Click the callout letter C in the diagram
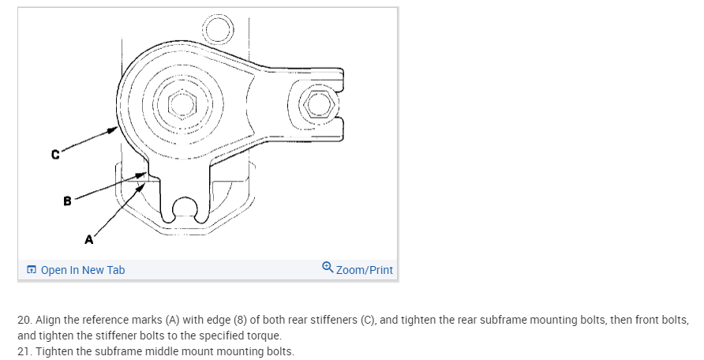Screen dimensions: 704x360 click(x=55, y=155)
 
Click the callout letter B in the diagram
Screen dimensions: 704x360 click(x=68, y=201)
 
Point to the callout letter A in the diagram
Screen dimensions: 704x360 click(x=89, y=238)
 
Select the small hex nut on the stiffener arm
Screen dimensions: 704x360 click(x=317, y=103)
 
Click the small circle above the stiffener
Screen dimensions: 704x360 click(x=218, y=30)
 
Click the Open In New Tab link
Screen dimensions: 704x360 click(x=82, y=270)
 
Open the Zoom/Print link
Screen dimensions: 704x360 click(x=364, y=270)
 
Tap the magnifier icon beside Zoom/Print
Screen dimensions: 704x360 click(x=328, y=268)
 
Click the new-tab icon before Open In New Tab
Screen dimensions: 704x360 click(x=31, y=270)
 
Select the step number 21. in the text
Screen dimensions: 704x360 click(x=24, y=351)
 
